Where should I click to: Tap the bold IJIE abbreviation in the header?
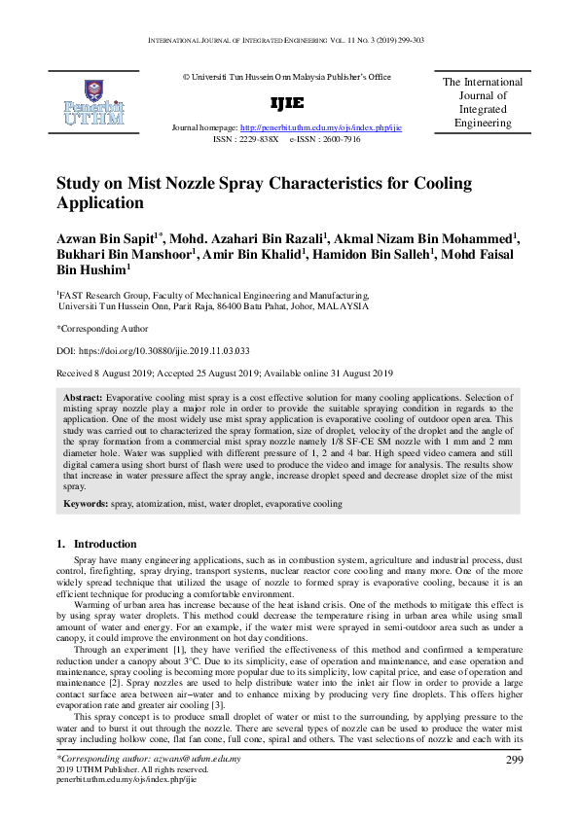(285, 103)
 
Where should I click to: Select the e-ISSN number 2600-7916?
(337, 139)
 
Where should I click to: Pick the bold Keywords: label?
(86, 505)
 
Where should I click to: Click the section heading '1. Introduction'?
(96, 544)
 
